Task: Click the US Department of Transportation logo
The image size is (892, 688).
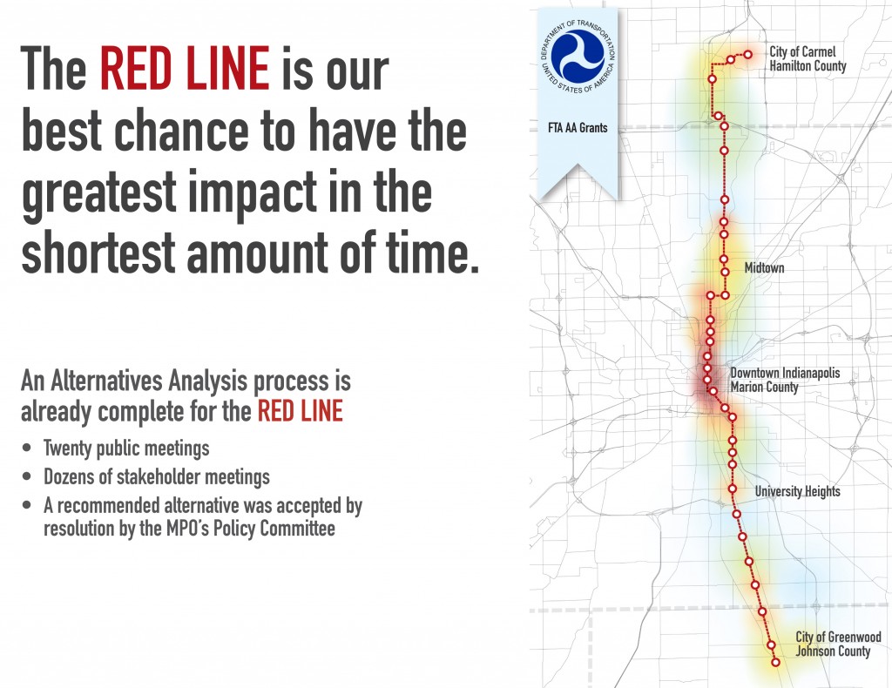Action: tap(578, 56)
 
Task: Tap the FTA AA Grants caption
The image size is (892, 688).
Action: tap(578, 128)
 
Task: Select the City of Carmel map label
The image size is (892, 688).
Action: tap(802, 51)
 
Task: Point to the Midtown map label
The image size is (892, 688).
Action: tap(764, 267)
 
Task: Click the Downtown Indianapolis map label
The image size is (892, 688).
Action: tap(785, 373)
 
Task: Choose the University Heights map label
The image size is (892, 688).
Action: tap(798, 491)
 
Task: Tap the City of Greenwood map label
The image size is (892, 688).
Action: tap(838, 637)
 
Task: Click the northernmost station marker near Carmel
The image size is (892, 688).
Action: tap(748, 55)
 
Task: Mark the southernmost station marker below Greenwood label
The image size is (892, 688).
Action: tap(774, 662)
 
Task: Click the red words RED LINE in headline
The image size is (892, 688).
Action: tap(185, 69)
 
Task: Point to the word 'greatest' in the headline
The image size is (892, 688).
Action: tap(99, 193)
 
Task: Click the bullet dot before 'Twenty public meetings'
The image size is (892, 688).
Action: tap(27, 448)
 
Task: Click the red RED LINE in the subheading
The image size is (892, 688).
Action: tap(301, 411)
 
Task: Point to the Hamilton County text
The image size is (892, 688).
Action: tap(808, 66)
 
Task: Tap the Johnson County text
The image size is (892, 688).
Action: tap(833, 651)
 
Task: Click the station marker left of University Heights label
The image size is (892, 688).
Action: tap(732, 489)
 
